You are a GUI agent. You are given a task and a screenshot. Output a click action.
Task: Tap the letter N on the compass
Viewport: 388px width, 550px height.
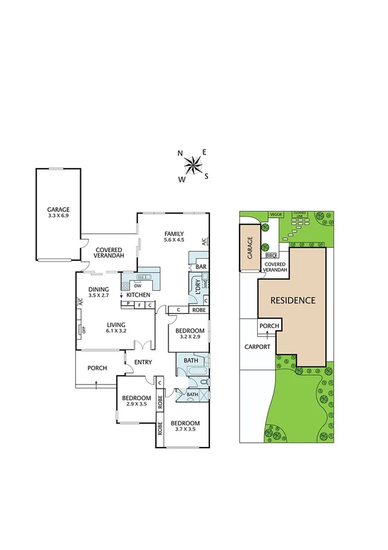[x=180, y=154]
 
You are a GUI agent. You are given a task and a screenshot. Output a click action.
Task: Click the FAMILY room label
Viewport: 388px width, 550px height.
[x=174, y=233]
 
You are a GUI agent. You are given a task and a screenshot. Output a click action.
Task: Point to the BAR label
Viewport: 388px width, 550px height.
[x=201, y=267]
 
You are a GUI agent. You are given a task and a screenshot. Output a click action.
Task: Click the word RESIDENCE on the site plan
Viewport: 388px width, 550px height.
[x=293, y=301]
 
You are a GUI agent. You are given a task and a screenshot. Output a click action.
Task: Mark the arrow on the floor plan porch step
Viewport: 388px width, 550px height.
[x=97, y=384]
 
